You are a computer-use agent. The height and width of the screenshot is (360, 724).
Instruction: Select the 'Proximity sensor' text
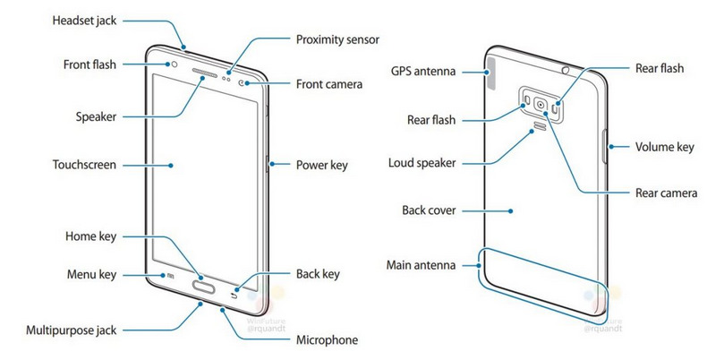(x=338, y=40)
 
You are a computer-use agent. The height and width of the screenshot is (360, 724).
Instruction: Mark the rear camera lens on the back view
(x=541, y=104)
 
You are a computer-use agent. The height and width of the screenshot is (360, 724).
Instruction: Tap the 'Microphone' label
(x=327, y=339)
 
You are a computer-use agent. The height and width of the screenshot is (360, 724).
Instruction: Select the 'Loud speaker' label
(x=423, y=164)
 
